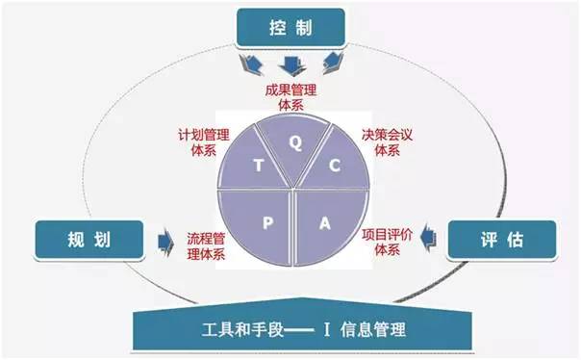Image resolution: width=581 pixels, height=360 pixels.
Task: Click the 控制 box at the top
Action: (290, 28)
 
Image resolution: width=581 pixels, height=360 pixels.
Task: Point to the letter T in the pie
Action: (257, 165)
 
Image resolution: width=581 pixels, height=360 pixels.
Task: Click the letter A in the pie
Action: (325, 223)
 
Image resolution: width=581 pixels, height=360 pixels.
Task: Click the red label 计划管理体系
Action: (204, 142)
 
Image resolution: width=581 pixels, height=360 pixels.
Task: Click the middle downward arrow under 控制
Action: (290, 65)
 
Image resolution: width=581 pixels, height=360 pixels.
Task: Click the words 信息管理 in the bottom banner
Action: (372, 330)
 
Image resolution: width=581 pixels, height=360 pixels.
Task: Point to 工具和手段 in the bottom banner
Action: (243, 330)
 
